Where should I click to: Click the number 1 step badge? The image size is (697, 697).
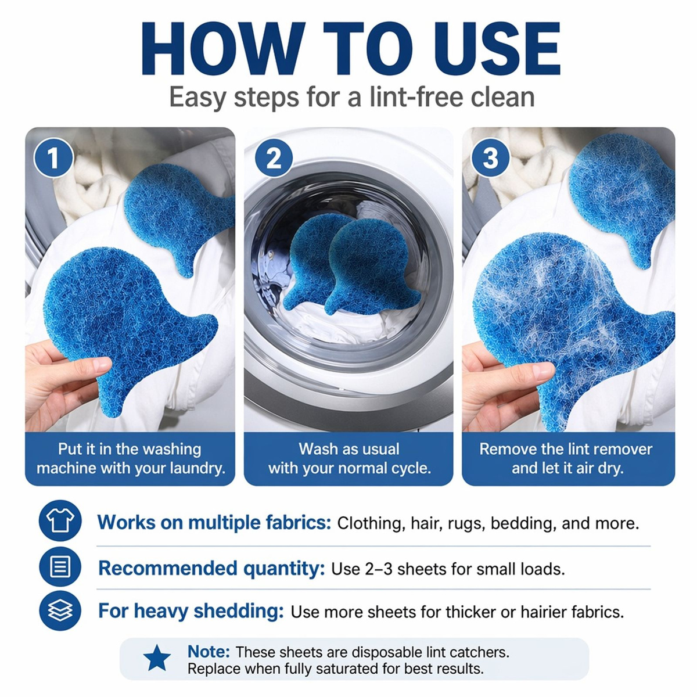53,158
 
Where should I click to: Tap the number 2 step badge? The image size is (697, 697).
274,158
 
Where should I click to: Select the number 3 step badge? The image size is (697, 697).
490,158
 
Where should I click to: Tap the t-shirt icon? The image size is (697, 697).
60,520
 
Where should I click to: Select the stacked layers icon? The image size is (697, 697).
60,611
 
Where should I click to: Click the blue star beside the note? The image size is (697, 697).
157,657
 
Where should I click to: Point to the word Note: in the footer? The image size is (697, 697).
209,652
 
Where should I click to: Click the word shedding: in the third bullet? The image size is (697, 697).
239,612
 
